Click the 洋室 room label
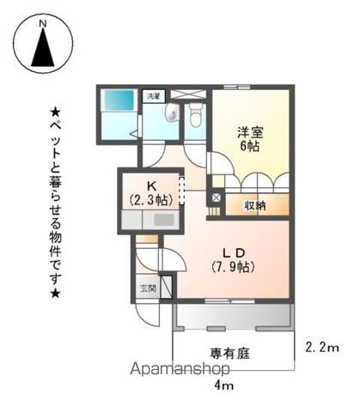[249, 131]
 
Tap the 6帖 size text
[249, 146]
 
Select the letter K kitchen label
[151, 184]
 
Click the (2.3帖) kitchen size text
[151, 198]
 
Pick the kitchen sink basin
[163, 220]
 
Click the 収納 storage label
[254, 205]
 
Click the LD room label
[235, 251]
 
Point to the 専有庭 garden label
[227, 352]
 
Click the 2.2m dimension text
[322, 348]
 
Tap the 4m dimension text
[223, 386]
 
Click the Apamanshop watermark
[181, 369]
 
